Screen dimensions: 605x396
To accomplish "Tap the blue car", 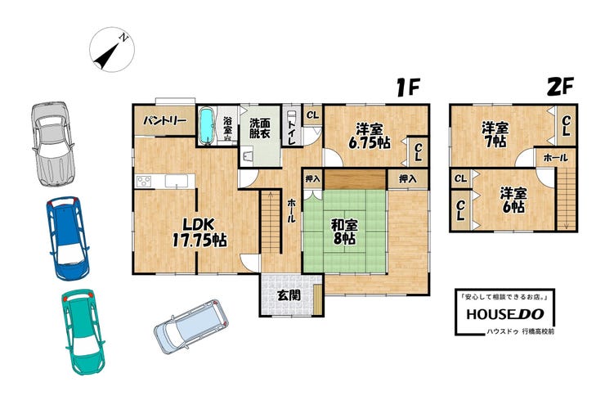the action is point(68,238).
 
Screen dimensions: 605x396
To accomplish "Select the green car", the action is point(83,332).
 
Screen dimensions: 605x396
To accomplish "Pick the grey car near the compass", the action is point(52,143).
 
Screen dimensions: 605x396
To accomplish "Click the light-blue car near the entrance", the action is point(191,326).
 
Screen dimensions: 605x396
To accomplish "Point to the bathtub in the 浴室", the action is point(207,126).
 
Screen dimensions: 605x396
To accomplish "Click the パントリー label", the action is point(165,121).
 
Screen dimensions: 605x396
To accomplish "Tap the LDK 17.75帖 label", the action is point(199,232).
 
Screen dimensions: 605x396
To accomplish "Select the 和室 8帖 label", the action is point(344,232).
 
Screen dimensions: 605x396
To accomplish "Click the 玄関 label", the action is point(289,295).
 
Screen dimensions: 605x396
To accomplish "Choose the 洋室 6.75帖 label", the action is point(370,136).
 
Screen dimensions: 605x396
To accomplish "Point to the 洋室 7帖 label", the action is point(495,135).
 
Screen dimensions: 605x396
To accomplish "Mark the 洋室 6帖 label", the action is point(513,200).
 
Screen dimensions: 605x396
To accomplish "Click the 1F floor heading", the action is point(408,87).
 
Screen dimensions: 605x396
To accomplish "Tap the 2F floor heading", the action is point(561,87).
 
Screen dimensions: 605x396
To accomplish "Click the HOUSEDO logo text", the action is point(505,314).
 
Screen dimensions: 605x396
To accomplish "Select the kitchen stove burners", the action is point(144,181).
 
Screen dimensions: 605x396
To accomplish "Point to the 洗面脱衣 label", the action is point(260,128).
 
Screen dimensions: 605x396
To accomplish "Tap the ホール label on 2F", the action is point(556,157).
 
